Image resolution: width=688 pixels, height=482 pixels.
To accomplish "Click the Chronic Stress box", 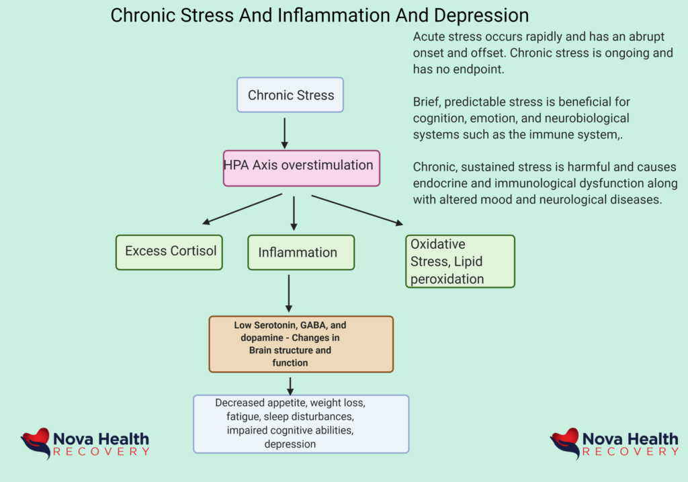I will [x=290, y=95].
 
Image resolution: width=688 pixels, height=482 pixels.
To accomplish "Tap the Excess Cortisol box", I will [x=169, y=252].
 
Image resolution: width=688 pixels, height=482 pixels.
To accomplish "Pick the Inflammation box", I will [x=301, y=253].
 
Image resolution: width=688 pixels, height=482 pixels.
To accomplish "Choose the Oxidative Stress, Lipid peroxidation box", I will [x=460, y=262].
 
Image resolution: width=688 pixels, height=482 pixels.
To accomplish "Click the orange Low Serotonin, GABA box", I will [x=300, y=344].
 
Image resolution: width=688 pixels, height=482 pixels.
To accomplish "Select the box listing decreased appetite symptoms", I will [x=300, y=424].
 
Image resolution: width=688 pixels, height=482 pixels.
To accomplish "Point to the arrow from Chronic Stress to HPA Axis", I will [x=285, y=132].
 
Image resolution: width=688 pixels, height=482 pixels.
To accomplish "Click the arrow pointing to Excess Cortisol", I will [x=243, y=208].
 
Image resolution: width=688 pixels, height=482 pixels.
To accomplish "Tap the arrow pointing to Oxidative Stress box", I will [x=357, y=210].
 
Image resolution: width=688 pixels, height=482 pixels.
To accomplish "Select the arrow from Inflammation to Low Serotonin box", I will [x=289, y=292].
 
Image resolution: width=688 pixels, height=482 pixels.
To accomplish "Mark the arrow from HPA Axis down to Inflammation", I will [x=294, y=213].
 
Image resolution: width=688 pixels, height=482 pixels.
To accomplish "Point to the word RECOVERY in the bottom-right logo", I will [x=630, y=452].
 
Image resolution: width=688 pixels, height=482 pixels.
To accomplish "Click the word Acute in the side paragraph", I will [x=429, y=36].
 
